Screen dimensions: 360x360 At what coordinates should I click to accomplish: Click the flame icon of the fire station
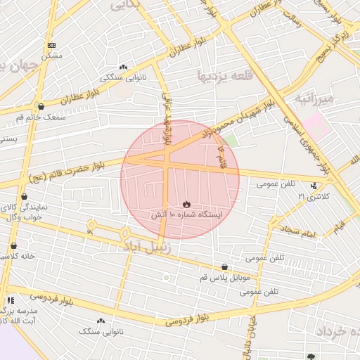[x=186, y=203]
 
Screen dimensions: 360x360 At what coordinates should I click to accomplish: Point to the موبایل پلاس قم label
[x=224, y=278]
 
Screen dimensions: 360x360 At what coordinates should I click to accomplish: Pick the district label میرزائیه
[x=318, y=98]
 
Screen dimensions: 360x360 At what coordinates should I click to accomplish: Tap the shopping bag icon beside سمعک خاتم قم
[x=41, y=107]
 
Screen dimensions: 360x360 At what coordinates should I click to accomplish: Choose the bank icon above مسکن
[x=50, y=44]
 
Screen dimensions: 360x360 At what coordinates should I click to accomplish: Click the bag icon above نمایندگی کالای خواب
[x=25, y=198]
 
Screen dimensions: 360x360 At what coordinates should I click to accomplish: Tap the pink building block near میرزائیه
[x=318, y=127]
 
